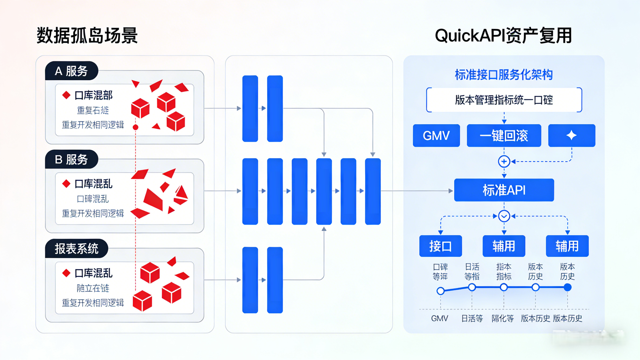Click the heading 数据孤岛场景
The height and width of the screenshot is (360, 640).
coord(87,35)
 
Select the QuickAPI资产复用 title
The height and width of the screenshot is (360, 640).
coord(503,35)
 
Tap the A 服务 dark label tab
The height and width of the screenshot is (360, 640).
coord(71,71)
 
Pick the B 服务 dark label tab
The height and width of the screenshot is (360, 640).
coord(71,159)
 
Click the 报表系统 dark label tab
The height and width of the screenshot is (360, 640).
coord(76,249)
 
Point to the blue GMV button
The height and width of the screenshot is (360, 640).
coord(436,135)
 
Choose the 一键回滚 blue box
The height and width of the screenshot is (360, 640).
coord(504,135)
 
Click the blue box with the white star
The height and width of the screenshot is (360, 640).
coord(571,135)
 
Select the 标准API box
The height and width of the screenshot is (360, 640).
coord(504,190)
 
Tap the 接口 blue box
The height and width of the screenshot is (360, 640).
coord(440,246)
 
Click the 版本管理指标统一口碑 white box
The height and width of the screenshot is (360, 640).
coord(504,100)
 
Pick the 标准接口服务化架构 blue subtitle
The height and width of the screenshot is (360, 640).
coord(504,75)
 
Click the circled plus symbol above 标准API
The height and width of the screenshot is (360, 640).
coord(504,162)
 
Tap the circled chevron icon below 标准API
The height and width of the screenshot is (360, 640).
coord(504,216)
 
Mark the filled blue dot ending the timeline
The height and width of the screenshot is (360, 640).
coord(567,287)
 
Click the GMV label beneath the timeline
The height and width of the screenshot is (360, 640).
coord(440,318)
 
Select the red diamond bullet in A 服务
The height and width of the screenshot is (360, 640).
coord(67,95)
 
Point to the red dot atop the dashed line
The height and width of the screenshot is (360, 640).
coord(135,127)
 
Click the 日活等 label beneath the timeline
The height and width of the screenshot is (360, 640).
coord(472,318)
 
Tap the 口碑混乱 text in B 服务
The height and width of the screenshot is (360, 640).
coord(93,199)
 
